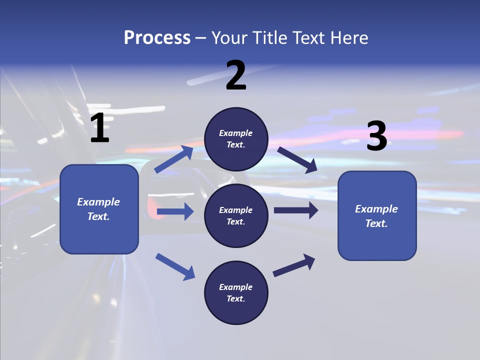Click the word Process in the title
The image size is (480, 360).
point(157,38)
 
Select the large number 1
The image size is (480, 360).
point(99,128)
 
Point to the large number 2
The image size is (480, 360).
point(236,75)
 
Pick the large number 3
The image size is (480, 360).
point(376,136)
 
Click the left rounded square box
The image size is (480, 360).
point(99,209)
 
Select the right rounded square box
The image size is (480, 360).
point(377,215)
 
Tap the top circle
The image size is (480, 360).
point(236,139)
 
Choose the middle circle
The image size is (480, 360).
point(236,215)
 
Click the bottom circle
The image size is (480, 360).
point(236,292)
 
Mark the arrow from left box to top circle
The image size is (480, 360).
point(174,159)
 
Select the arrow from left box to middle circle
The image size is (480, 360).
point(175,211)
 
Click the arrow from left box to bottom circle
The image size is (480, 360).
point(175,266)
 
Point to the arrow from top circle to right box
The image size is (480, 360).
point(297,159)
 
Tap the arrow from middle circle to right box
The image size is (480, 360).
point(296,210)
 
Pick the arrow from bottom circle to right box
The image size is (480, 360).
point(294,265)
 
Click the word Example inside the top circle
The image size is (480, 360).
point(236,133)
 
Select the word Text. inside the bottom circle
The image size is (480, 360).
point(236,298)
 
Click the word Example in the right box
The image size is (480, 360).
point(376,209)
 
